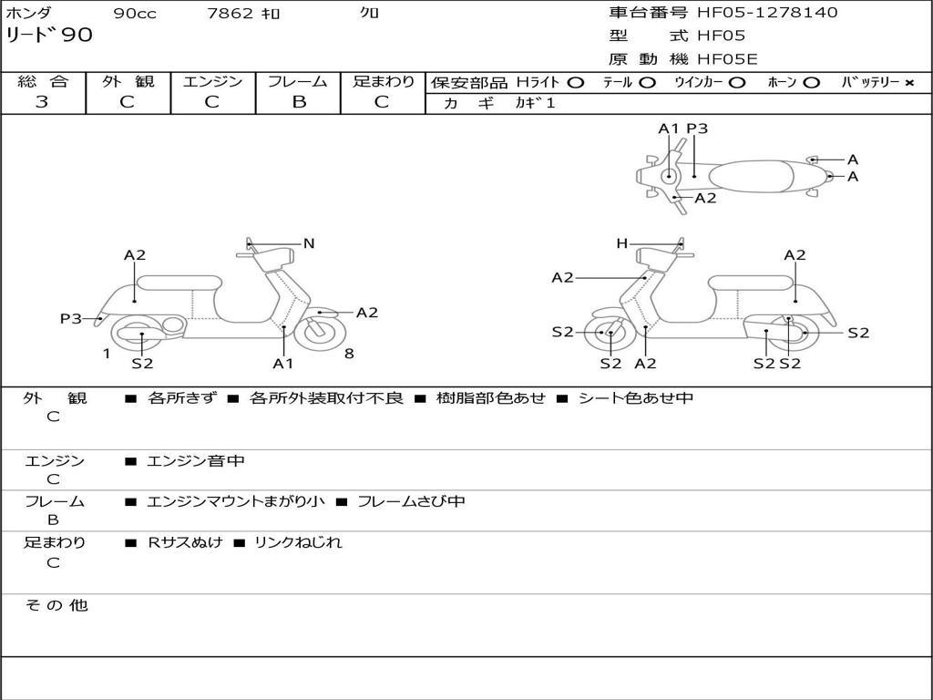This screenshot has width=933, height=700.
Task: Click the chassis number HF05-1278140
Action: click(x=767, y=13)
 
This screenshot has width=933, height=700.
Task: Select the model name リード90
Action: click(x=49, y=36)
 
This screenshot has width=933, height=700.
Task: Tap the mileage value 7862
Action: click(x=230, y=14)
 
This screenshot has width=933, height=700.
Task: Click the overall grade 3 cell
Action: click(x=42, y=102)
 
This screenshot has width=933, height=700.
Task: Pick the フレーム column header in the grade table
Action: click(x=298, y=82)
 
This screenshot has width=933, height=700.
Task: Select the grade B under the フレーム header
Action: click(x=298, y=102)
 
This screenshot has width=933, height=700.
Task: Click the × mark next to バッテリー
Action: click(x=908, y=83)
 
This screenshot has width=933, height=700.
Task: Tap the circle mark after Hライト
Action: click(x=575, y=83)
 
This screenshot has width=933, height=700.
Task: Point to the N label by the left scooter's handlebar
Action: click(x=309, y=243)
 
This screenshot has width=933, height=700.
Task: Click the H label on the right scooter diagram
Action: click(x=621, y=243)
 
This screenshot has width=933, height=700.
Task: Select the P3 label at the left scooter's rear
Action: click(x=70, y=318)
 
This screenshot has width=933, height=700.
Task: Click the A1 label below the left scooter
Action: click(x=283, y=364)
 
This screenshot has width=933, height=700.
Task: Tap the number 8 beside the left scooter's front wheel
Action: click(x=349, y=354)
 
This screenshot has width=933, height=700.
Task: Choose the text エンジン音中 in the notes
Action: click(x=196, y=461)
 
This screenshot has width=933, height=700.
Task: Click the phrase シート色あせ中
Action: click(x=636, y=398)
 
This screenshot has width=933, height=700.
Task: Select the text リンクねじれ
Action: click(x=298, y=542)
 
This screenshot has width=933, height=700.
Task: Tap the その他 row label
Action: click(x=56, y=605)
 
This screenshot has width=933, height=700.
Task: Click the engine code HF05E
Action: click(x=728, y=59)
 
